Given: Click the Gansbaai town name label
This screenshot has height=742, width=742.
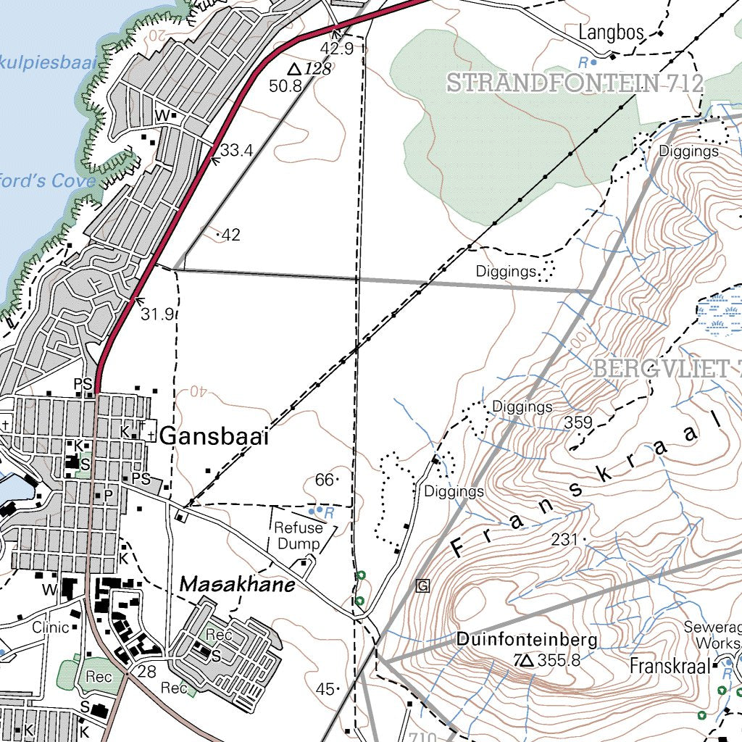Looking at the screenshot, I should [x=214, y=437].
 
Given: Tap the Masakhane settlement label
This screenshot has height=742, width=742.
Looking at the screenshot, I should [x=237, y=584].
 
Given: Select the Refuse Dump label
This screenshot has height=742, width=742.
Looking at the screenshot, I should [x=298, y=535].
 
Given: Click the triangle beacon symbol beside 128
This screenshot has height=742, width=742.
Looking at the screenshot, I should [x=294, y=70].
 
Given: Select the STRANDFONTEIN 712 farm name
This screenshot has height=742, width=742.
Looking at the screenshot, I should [x=575, y=83].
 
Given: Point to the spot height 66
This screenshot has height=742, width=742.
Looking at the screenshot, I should [x=325, y=480].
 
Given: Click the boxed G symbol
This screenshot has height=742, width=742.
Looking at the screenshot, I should [x=423, y=585].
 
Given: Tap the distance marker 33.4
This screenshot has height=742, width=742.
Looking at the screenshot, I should [x=236, y=151].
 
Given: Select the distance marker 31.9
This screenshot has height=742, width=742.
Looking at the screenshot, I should [x=157, y=314].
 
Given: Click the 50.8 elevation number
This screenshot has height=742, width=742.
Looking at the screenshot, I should [x=285, y=86].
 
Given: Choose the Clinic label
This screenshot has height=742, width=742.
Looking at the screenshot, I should [x=50, y=628].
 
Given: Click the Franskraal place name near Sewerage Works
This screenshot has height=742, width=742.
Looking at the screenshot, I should [x=668, y=666].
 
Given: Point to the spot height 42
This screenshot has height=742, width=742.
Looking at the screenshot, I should [x=231, y=235].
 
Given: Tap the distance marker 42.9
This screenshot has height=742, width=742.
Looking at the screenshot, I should [x=337, y=49].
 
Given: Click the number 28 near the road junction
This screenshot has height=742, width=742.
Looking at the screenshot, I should [x=146, y=672].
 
